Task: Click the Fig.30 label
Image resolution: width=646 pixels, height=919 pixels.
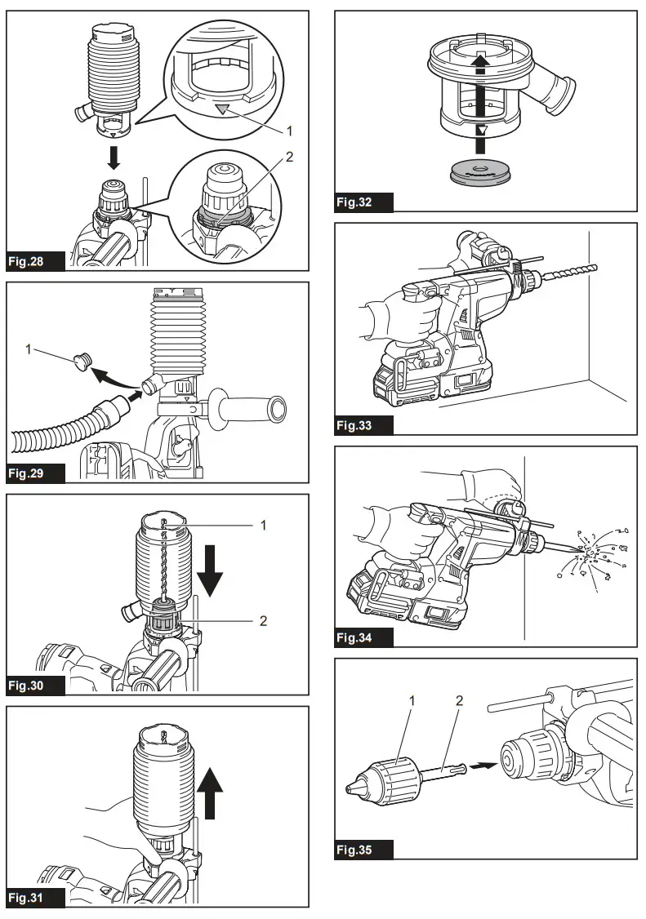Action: coord(36,685)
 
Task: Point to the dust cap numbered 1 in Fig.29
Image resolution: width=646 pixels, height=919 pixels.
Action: coord(82,360)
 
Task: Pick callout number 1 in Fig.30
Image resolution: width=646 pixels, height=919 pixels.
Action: coord(263,526)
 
